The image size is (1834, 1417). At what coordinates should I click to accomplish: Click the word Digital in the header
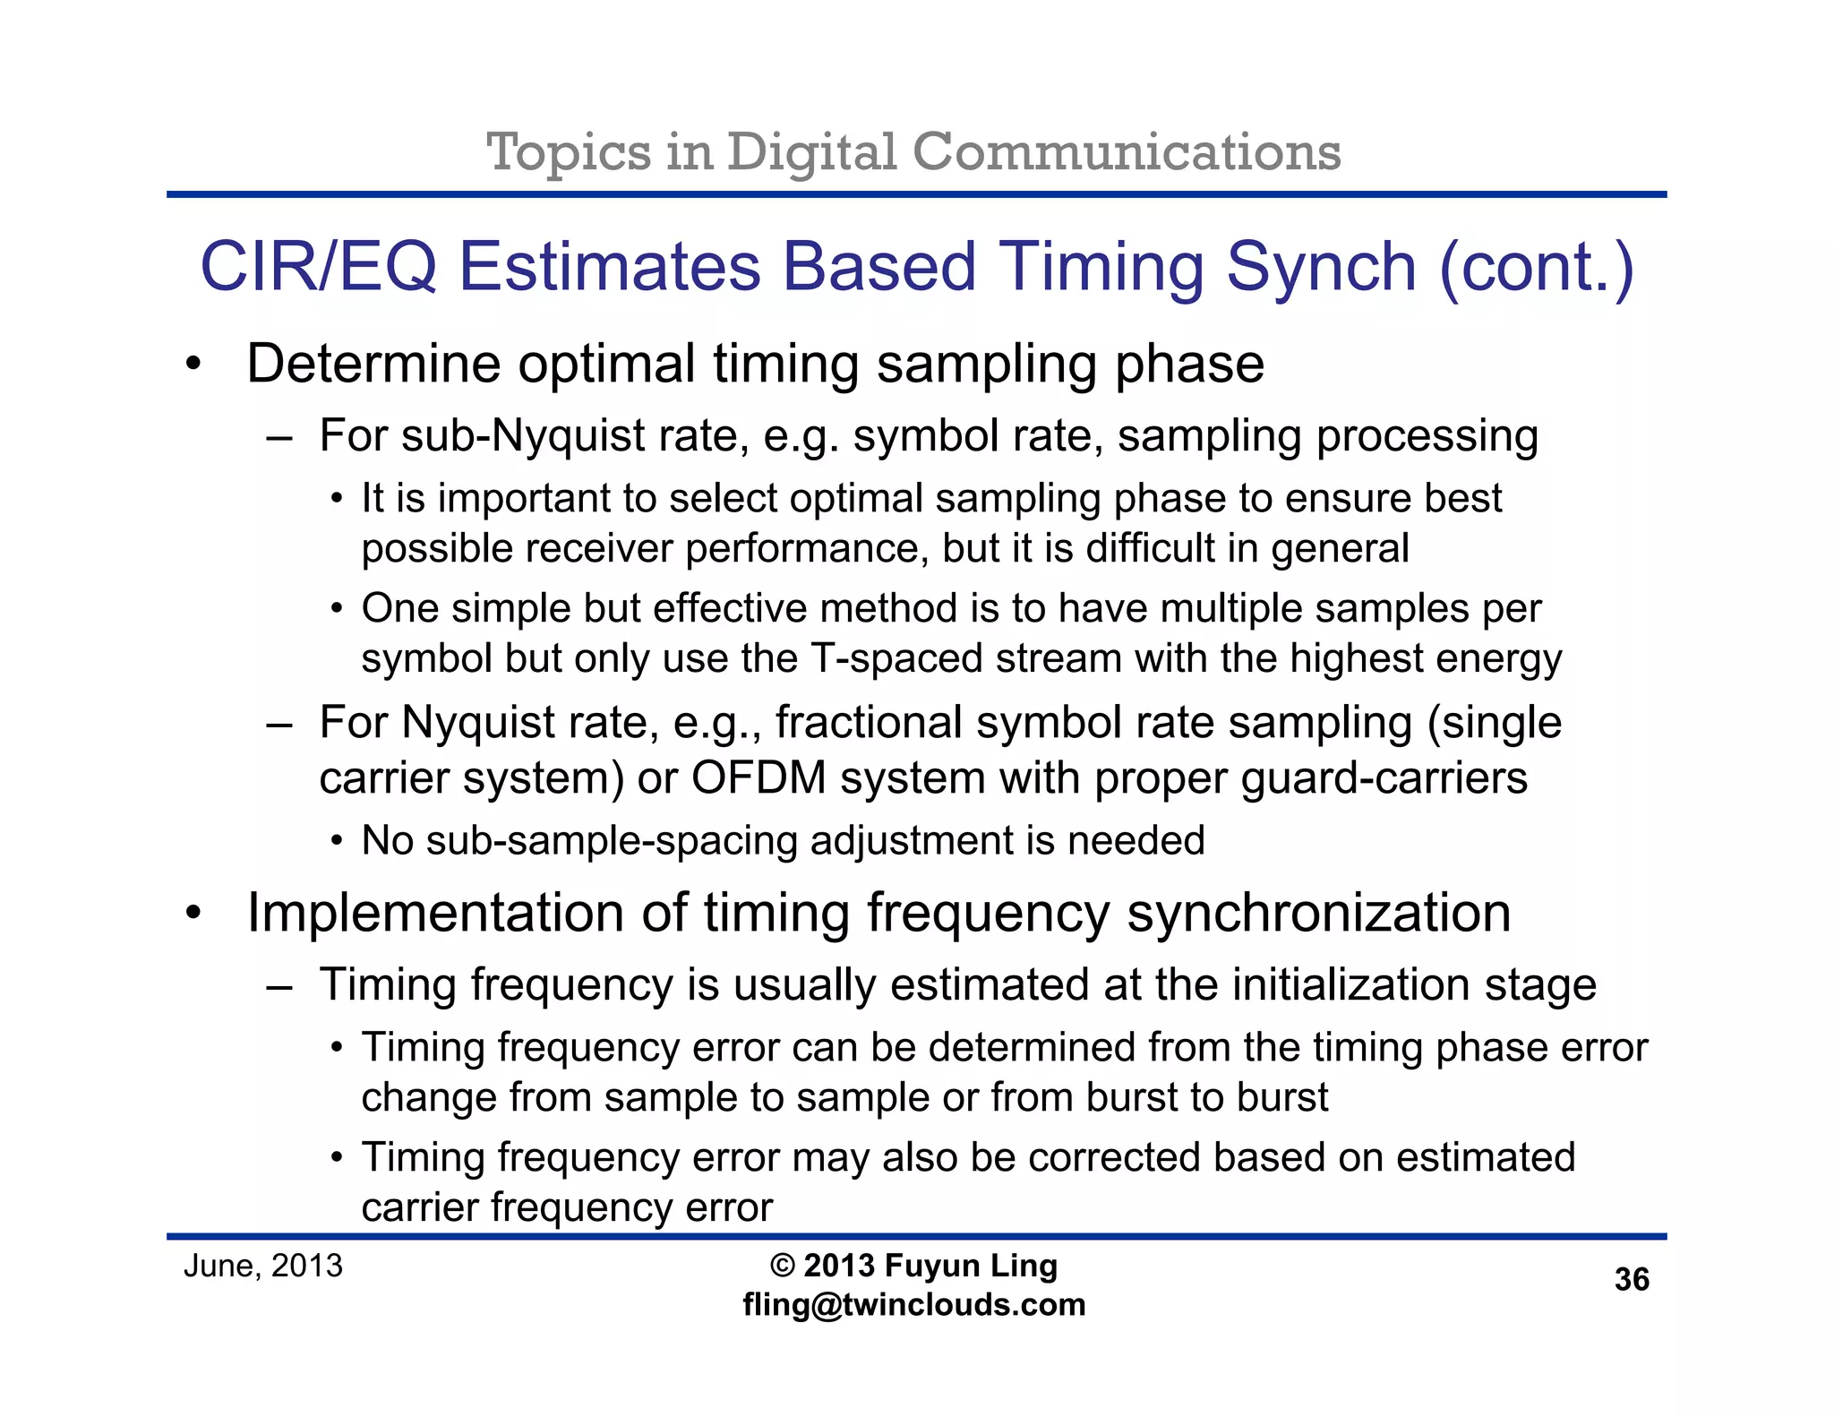pos(811,152)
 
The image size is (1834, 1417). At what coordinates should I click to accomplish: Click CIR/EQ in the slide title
pos(319,266)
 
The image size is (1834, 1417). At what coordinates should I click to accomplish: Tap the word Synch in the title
pos(1322,266)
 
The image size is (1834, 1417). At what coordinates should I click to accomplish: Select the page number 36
pos(1632,1280)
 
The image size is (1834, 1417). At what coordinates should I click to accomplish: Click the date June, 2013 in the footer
pos(263,1266)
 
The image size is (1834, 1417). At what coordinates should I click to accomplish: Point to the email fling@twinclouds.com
pos(914,1304)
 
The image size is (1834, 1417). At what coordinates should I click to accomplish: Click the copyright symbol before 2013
pos(783,1266)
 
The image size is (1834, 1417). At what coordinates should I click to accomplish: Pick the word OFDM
pos(758,777)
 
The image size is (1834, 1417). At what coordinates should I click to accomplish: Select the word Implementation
pos(436,913)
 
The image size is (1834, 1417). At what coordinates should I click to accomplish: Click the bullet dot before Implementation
pos(193,914)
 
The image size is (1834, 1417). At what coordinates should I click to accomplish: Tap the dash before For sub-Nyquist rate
pos(279,438)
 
